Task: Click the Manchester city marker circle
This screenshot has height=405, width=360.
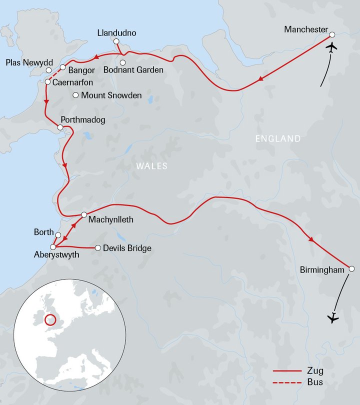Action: tap(332, 35)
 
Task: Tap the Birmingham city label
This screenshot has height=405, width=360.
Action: tap(322, 270)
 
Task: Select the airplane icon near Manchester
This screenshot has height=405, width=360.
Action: tap(331, 48)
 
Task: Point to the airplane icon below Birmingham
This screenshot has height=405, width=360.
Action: tap(331, 317)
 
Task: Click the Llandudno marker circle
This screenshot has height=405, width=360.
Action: tap(116, 41)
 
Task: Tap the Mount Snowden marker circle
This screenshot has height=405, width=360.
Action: tap(75, 95)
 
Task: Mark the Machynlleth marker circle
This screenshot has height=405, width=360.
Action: tap(84, 215)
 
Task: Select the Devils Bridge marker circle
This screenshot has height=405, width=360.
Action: tap(98, 247)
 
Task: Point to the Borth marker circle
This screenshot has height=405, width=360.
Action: tap(58, 235)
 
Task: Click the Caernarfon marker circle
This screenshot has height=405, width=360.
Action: tap(47, 81)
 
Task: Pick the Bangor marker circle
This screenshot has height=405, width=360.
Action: tap(63, 67)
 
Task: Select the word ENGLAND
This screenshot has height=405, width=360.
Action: tap(278, 138)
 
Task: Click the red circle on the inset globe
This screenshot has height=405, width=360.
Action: tap(50, 319)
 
